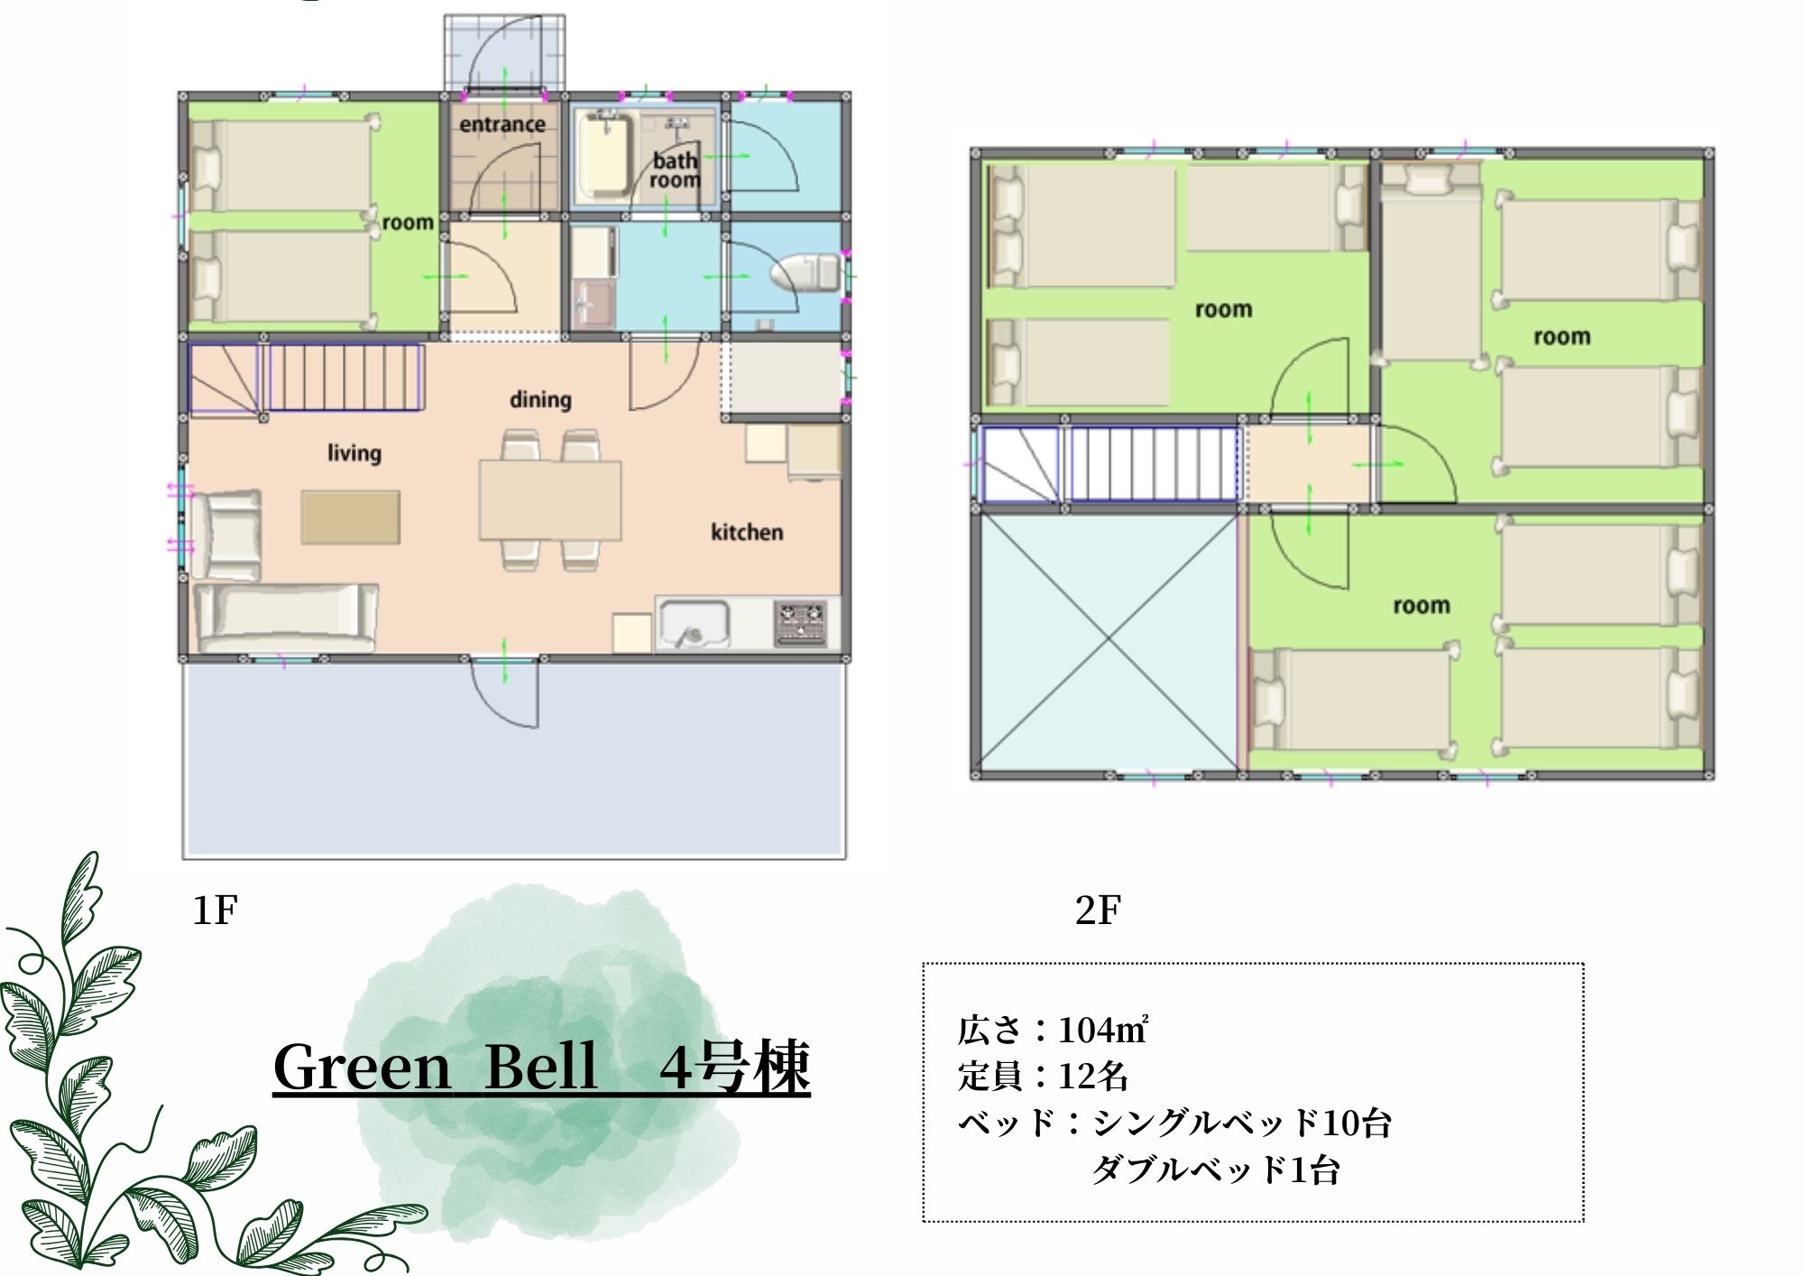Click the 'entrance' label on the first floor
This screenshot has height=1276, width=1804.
502,125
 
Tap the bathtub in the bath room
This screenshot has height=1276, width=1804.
603,155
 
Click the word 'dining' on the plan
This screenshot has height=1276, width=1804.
540,399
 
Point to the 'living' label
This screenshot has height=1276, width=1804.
354,452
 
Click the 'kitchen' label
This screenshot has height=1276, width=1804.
746,532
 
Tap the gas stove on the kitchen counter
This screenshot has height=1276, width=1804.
800,624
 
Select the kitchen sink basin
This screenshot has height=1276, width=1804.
694,623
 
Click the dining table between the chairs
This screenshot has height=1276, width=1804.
549,500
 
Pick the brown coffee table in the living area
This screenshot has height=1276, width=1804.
350,517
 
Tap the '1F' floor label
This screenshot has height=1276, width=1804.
215,910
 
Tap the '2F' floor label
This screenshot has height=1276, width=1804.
1098,910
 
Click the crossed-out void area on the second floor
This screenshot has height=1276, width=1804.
1109,640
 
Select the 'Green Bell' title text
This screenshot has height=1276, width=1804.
435,1068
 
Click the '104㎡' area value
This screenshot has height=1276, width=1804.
1102,1030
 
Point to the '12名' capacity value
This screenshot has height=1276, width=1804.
1092,1076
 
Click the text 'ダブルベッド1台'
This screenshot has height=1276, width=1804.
1215,1170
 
